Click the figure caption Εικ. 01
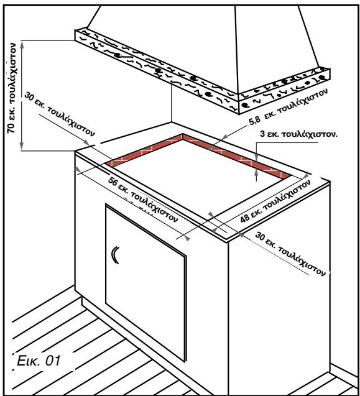(39, 361)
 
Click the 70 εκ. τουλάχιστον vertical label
(12, 88)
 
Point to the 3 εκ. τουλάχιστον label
(299, 134)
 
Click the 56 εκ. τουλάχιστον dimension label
(143, 200)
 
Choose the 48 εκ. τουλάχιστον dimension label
(275, 201)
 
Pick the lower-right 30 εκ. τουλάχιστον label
(290, 254)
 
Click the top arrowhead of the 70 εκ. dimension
(22, 45)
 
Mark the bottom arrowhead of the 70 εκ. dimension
(22, 145)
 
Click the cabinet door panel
(146, 282)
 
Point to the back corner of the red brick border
(183, 135)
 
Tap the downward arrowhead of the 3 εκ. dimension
(256, 158)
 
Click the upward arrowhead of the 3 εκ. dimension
(256, 172)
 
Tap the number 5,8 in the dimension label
(254, 121)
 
